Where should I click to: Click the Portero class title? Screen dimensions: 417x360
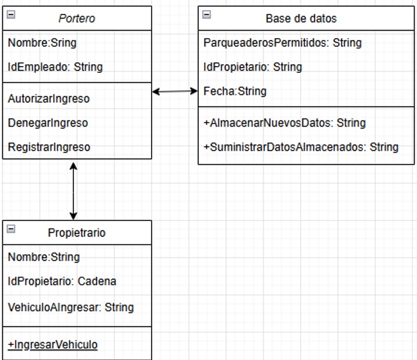(x=77, y=19)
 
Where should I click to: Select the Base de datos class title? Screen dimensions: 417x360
(x=301, y=19)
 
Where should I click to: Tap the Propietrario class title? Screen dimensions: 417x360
(x=76, y=233)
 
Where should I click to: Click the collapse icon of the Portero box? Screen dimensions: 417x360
(x=11, y=14)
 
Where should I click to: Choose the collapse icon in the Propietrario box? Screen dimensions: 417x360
(x=11, y=229)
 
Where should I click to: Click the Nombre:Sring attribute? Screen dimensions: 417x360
(x=42, y=43)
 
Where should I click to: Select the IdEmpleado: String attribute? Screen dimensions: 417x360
(x=55, y=67)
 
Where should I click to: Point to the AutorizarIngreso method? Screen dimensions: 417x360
(x=49, y=99)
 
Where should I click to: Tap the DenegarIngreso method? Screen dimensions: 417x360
(x=48, y=123)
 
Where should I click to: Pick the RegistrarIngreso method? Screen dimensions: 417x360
(x=49, y=147)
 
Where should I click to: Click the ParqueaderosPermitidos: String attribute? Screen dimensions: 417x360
(x=282, y=43)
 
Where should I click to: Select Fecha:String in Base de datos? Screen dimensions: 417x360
(x=235, y=91)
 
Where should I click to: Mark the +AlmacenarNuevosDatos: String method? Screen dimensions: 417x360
(x=285, y=123)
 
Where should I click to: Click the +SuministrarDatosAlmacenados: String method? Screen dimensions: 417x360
(x=301, y=147)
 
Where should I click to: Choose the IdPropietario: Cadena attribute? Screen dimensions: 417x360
(x=62, y=281)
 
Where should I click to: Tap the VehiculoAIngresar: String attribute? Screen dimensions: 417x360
(x=71, y=307)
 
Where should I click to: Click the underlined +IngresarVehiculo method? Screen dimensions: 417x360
(x=53, y=345)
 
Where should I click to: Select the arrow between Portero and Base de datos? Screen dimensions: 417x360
(x=175, y=91)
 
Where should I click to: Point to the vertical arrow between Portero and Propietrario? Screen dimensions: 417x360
(x=73, y=191)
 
